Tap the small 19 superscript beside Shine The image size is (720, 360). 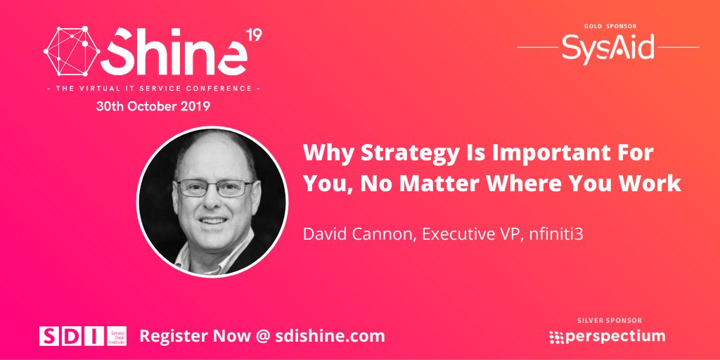(254, 35)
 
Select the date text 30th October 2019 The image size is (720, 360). (153, 108)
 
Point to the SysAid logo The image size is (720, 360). (607, 47)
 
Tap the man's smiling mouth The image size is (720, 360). (214, 221)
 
